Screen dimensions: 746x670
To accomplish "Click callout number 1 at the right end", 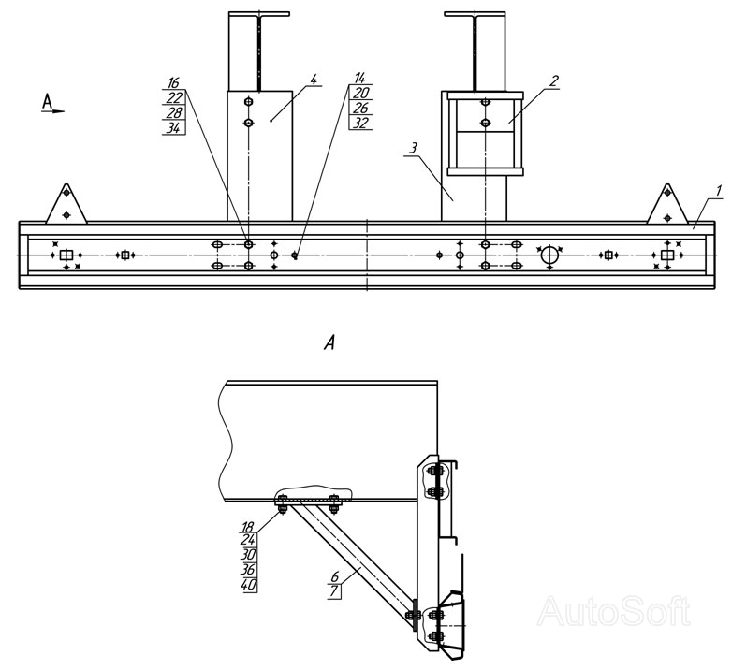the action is coord(719,191).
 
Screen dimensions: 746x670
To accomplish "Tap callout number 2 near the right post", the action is coord(554,80).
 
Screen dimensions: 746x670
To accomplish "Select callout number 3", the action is coord(413,148).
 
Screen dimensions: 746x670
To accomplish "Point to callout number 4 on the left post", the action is coord(313,79).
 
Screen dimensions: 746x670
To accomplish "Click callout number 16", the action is coord(174,82).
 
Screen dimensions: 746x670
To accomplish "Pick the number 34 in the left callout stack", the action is coord(174,128).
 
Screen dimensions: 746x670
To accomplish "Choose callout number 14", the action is coord(360,79).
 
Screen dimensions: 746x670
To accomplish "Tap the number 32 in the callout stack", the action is coord(360,124).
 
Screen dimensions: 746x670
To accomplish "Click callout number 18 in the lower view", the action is coord(247,527).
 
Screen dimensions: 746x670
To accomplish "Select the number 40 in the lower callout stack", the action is coord(248,585).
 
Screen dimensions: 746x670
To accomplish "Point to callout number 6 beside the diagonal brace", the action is coord(334,577).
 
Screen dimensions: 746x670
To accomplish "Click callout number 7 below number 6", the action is coord(334,592).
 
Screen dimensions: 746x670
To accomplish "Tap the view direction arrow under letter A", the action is coord(52,111).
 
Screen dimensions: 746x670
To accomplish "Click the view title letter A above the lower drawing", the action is coord(329,342).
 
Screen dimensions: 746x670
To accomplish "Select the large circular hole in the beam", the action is coord(549,255).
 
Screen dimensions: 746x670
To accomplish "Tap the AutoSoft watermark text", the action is coord(614,611).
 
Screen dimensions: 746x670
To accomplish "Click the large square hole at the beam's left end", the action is coord(66,255).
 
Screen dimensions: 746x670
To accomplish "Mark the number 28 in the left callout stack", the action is coord(174,112).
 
